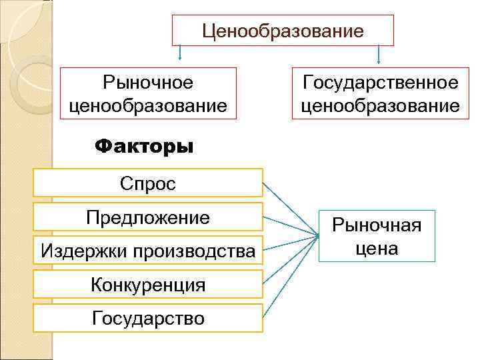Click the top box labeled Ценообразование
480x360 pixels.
[283, 31]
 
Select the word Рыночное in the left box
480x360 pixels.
[148, 83]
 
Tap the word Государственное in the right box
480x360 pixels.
[380, 83]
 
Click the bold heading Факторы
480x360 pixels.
[144, 145]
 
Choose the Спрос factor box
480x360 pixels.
[148, 183]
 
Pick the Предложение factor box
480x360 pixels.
[148, 217]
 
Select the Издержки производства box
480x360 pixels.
[148, 251]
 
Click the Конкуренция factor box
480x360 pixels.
[148, 285]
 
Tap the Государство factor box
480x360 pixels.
[148, 318]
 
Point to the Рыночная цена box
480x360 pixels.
[377, 236]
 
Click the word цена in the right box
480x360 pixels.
[377, 249]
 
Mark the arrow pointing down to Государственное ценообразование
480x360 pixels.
[379, 55]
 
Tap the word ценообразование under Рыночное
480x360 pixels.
[148, 105]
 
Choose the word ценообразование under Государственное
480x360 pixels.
[380, 105]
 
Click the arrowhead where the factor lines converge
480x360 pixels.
[315, 234]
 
